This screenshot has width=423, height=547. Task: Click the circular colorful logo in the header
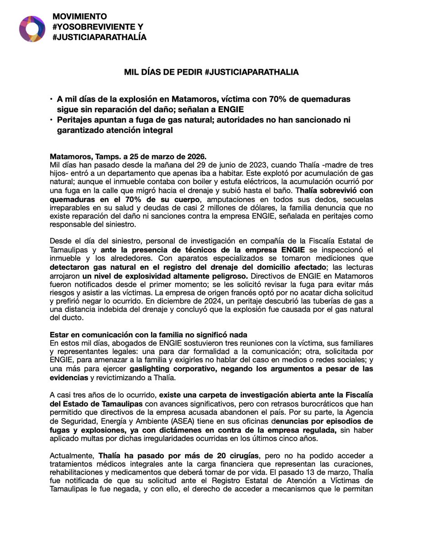pos(32,28)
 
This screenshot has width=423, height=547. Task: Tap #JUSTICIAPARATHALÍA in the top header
pos(99,37)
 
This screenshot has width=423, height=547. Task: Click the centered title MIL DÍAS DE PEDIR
pos(211,72)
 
